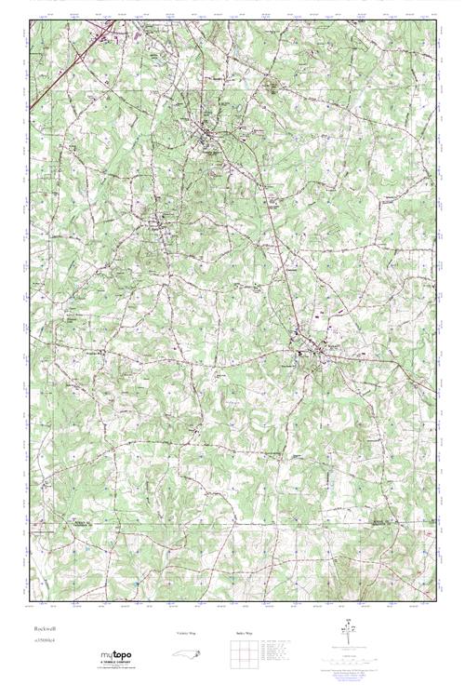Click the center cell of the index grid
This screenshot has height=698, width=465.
pos(238,655)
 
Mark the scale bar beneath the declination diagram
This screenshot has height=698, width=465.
pos(349,656)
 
